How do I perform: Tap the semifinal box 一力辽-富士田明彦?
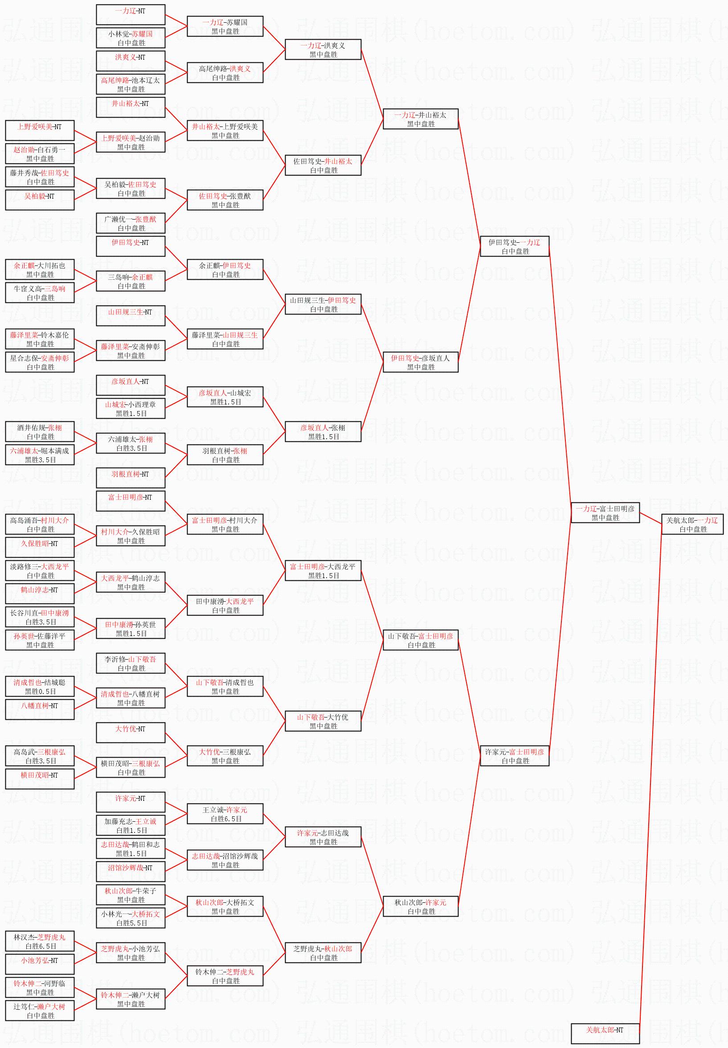[605, 513]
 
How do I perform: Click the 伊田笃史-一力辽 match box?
[515, 246]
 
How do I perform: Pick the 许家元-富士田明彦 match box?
[515, 756]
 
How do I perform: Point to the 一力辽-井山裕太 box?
[421, 119]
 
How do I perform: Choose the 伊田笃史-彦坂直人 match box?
[421, 362]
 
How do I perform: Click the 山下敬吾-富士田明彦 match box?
[421, 640]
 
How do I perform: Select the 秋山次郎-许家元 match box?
[421, 906]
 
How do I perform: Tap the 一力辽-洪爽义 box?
[323, 49]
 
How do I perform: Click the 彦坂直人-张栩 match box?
[323, 432]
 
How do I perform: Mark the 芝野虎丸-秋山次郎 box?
[323, 953]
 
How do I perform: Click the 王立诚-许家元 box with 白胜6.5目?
[225, 814]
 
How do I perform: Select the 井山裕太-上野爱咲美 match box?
[225, 130]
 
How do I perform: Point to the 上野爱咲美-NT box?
[40, 130]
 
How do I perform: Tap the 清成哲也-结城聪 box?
[40, 686]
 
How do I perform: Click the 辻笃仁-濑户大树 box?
[40, 1011]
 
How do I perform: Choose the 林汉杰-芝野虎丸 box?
[40, 941]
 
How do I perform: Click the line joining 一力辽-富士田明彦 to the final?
[650, 518]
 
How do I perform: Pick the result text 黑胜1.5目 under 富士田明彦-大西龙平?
[323, 575]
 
